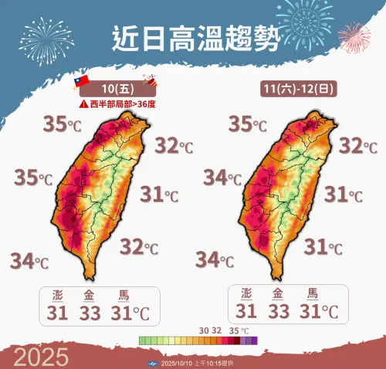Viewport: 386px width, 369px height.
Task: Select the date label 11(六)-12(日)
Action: click(x=295, y=90)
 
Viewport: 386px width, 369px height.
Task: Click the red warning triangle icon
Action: click(x=82, y=103)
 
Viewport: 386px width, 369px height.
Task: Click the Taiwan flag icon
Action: click(x=78, y=81)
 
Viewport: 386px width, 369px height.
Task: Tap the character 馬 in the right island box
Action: click(x=313, y=293)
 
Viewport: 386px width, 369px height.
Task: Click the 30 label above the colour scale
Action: click(x=205, y=330)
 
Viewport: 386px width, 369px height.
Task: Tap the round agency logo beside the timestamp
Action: click(x=153, y=363)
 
